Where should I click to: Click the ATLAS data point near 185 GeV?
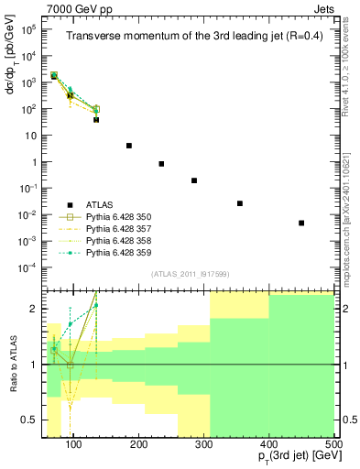click(x=129, y=146)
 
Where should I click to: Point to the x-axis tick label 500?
click(x=334, y=445)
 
